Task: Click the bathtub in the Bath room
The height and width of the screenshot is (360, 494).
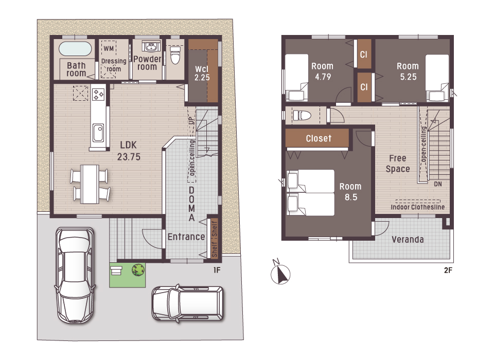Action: [x=75, y=48]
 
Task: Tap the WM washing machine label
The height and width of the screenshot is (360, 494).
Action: [x=109, y=48]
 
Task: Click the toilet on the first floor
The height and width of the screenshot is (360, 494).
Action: [x=175, y=55]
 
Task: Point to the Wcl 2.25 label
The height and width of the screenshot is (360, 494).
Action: [x=202, y=74]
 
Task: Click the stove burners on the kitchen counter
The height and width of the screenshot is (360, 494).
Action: [x=98, y=94]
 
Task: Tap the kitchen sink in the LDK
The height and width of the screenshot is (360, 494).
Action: [x=98, y=133]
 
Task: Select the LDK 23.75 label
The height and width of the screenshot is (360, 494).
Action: [x=129, y=151]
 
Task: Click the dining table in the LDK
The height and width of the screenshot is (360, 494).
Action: [x=90, y=184]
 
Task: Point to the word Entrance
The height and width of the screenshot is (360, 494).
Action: [x=186, y=237]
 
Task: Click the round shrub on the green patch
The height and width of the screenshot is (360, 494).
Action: [x=138, y=270]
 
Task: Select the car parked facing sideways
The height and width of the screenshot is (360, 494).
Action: [x=188, y=303]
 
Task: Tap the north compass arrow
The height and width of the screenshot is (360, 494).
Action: [x=280, y=274]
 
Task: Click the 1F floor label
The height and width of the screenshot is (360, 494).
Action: [x=217, y=270]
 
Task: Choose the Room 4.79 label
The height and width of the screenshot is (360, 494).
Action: [x=322, y=71]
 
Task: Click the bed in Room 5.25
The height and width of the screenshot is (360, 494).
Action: [x=437, y=78]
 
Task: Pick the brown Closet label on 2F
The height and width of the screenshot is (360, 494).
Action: [x=319, y=138]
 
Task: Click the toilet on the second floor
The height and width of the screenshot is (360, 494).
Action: [x=302, y=115]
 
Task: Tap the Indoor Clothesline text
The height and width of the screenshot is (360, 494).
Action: [x=417, y=207]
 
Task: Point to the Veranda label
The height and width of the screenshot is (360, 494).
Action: [x=408, y=240]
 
